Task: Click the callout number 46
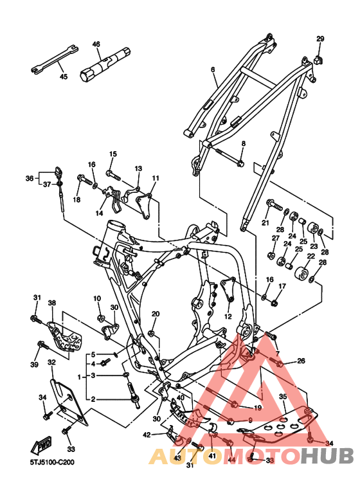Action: (96, 44)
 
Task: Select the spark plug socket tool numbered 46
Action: (105, 64)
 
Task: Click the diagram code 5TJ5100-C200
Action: (52, 462)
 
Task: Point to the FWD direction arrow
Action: (41, 446)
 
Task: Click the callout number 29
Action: (320, 39)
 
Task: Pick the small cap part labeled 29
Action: (318, 60)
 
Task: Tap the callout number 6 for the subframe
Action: (213, 69)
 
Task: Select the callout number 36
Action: (30, 179)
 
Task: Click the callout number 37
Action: (47, 184)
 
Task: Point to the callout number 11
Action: (156, 178)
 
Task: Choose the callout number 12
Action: (228, 316)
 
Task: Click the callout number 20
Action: (156, 314)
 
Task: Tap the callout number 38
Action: (52, 303)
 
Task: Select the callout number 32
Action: (51, 362)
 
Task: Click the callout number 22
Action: (311, 256)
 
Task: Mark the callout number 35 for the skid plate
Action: (283, 397)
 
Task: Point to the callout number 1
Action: (80, 377)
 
